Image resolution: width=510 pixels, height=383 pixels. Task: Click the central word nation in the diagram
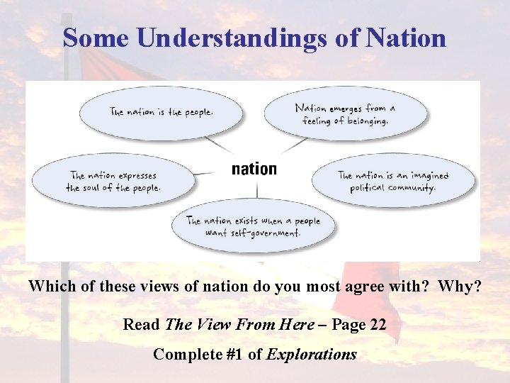click(254, 169)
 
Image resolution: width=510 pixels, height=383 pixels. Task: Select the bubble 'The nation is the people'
click(161, 111)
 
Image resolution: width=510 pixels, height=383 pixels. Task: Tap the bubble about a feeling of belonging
click(346, 113)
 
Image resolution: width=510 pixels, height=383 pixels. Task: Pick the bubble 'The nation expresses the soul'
click(113, 182)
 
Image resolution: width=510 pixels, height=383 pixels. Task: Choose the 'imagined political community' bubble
click(394, 182)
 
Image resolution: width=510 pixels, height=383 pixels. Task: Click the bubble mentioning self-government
click(253, 226)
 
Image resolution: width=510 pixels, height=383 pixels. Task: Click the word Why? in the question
click(460, 287)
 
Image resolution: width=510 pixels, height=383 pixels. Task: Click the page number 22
click(378, 325)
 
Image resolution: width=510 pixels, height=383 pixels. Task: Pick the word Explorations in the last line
click(312, 354)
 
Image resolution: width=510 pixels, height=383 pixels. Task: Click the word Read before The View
click(141, 325)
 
